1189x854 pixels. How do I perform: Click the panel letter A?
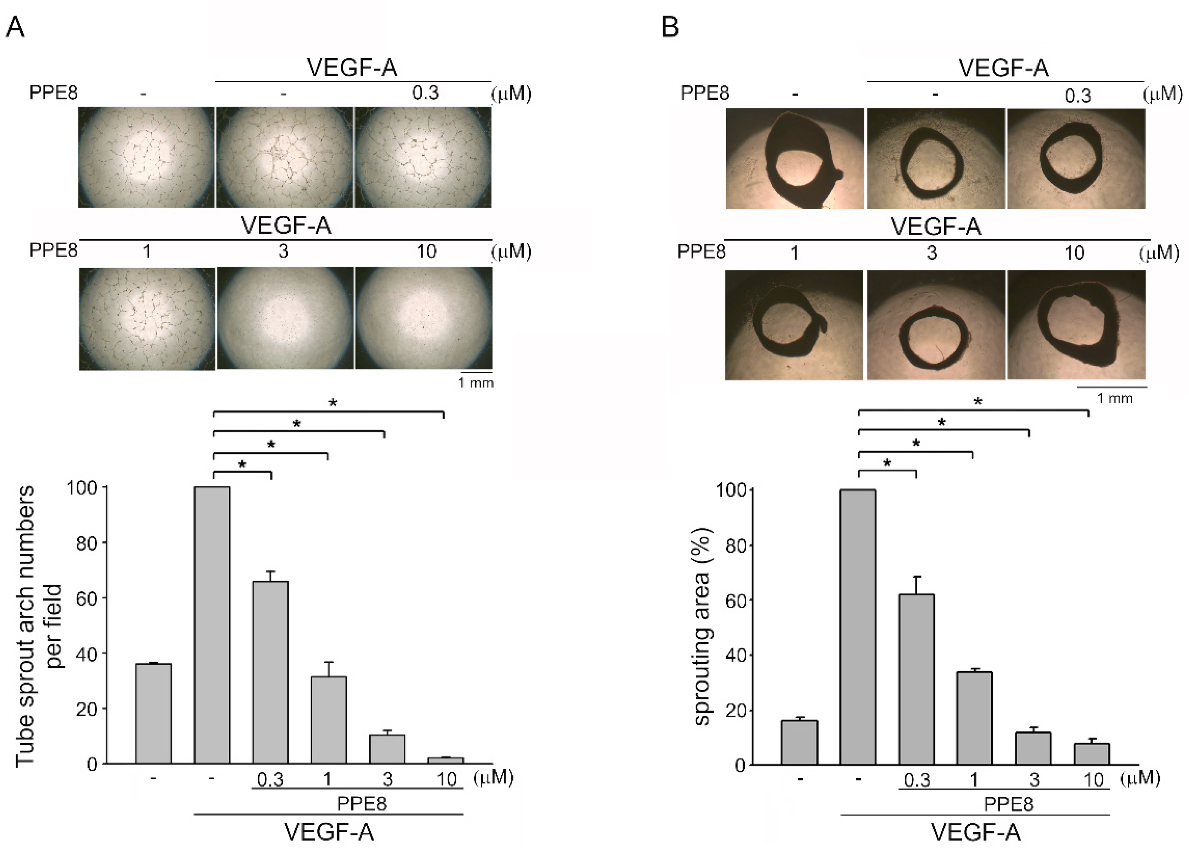(x=15, y=26)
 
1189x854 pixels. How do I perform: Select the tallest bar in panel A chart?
(x=212, y=624)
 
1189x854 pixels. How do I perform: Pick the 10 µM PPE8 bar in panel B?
(x=1092, y=754)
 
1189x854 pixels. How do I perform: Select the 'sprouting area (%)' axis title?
(x=703, y=627)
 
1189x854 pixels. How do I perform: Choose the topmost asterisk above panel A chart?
(x=332, y=403)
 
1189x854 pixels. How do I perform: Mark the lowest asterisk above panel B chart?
(x=887, y=464)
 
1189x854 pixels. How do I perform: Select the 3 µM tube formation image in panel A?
(x=285, y=318)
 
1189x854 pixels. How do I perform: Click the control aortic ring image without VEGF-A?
(x=794, y=158)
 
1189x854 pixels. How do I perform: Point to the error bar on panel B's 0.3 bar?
(x=916, y=585)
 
